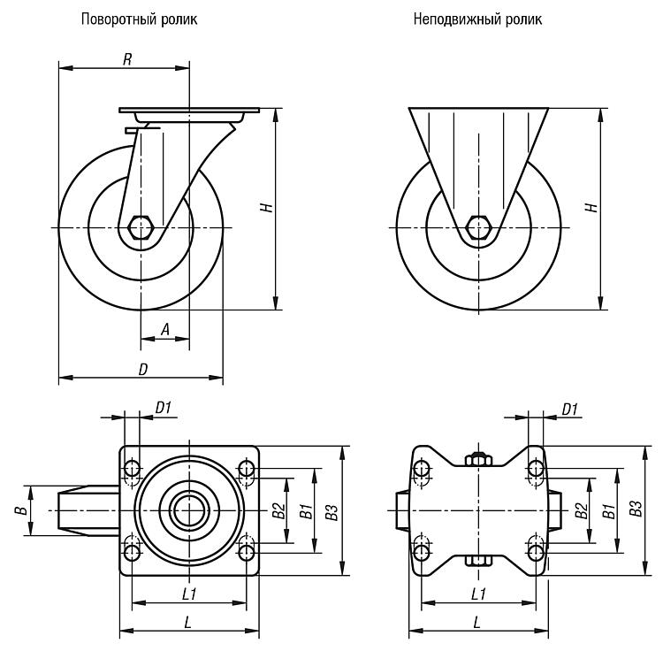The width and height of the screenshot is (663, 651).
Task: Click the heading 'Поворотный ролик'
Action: [x=139, y=19]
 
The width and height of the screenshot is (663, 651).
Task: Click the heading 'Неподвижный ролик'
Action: [x=477, y=19]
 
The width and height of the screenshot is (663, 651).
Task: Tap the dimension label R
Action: [x=127, y=59]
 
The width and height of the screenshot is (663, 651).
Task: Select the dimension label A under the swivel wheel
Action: [x=165, y=329]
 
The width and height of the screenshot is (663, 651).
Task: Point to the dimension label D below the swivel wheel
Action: [x=143, y=369]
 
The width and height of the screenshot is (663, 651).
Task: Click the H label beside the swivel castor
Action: [x=267, y=208]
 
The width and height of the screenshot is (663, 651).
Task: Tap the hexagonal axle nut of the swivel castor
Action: [x=141, y=228]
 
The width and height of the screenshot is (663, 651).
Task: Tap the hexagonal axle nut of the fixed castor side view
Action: [x=478, y=228]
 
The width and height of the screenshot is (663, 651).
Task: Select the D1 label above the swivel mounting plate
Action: [x=164, y=408]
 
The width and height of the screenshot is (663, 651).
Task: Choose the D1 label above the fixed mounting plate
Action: [x=569, y=409]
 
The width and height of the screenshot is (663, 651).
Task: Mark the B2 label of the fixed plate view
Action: [x=582, y=511]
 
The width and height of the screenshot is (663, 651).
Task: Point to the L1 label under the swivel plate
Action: [x=189, y=594]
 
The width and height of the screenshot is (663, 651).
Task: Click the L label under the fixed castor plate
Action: [x=477, y=622]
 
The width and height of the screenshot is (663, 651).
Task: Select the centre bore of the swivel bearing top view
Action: [x=189, y=510]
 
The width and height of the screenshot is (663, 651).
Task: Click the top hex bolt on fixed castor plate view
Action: [x=478, y=459]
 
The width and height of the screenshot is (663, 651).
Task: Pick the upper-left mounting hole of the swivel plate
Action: [x=132, y=469]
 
